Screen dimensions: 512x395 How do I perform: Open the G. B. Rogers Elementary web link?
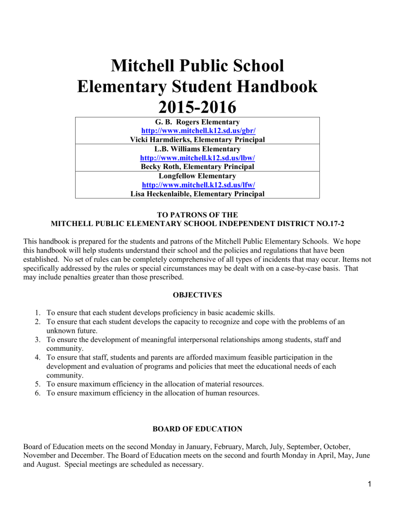click(x=197, y=131)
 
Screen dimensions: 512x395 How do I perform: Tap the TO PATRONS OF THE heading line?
click(x=197, y=215)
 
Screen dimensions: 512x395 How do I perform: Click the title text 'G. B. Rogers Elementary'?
click(x=197, y=123)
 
